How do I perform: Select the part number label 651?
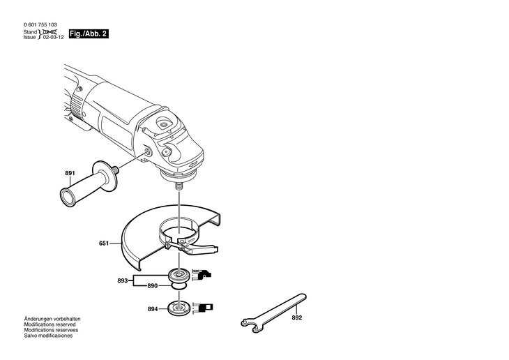(x=104, y=243)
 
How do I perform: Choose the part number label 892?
(x=297, y=317)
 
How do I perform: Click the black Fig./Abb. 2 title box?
(x=89, y=33)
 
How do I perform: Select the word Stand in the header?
(x=30, y=32)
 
